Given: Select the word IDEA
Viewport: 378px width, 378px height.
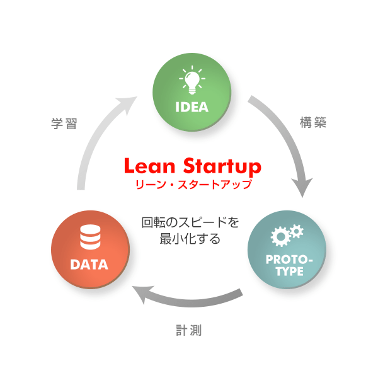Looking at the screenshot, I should pyautogui.click(x=192, y=106).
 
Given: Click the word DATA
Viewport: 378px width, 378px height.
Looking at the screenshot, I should pyautogui.click(x=89, y=265).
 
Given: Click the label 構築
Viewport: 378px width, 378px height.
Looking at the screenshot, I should pyautogui.click(x=313, y=123).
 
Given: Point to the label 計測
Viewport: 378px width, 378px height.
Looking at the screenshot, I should pyautogui.click(x=188, y=329).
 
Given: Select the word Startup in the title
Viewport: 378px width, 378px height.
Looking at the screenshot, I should pyautogui.click(x=219, y=167).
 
